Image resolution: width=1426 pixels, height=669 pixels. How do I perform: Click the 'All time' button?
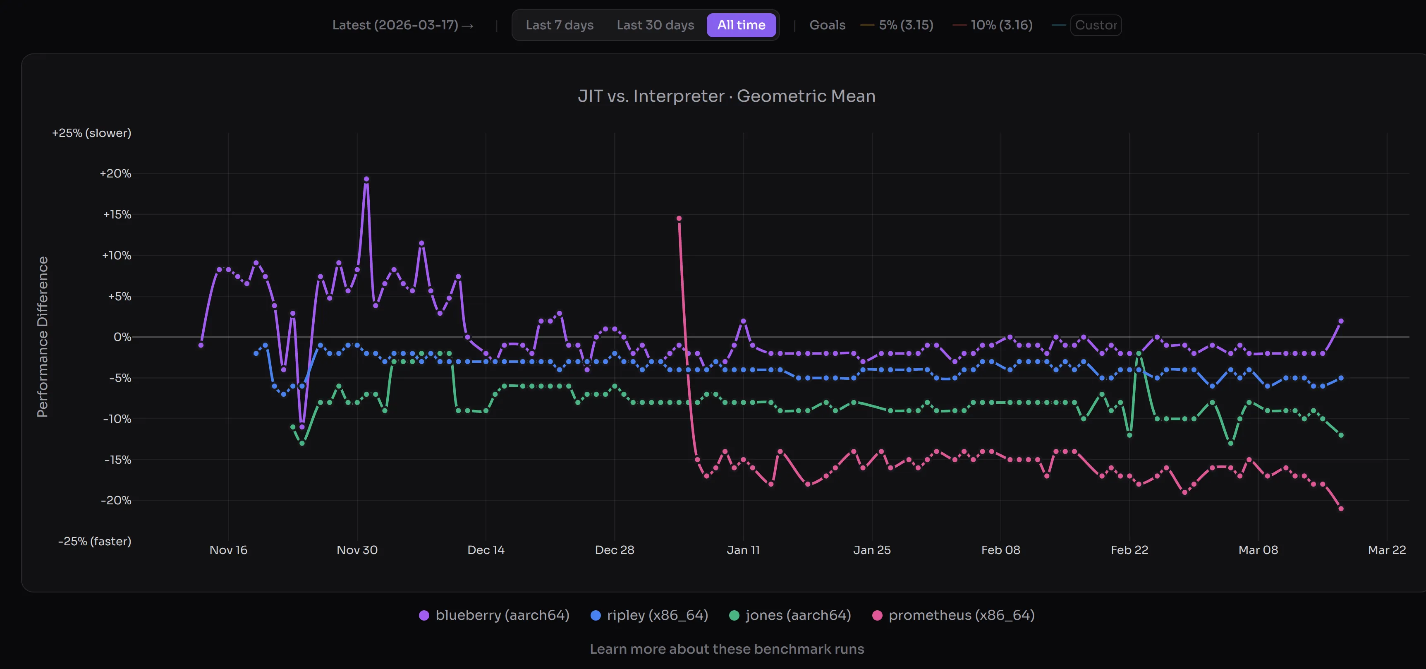click(741, 25)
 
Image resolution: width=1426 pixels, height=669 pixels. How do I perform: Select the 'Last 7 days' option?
click(559, 25)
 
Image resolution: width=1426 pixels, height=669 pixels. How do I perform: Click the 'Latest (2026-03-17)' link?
click(402, 25)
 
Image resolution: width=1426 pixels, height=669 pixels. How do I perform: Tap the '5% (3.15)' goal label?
click(906, 25)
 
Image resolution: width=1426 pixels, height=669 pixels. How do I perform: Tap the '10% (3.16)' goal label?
click(1001, 25)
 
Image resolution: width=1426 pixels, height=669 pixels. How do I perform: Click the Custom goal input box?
click(1096, 25)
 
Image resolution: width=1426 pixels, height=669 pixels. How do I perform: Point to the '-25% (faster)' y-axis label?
click(95, 541)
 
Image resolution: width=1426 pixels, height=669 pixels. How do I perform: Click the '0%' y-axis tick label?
click(122, 337)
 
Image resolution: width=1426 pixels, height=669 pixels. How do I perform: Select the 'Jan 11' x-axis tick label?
click(743, 550)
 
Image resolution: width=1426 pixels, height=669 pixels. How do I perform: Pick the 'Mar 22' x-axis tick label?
click(1386, 550)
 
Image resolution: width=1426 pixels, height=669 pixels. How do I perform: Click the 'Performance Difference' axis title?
click(43, 337)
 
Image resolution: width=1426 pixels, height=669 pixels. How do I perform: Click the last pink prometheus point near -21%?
click(1341, 508)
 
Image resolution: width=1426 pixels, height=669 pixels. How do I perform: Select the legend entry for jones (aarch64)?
click(790, 615)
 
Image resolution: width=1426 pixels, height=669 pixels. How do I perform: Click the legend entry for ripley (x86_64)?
click(649, 615)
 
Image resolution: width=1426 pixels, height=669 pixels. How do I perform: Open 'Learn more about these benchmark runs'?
click(726, 649)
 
